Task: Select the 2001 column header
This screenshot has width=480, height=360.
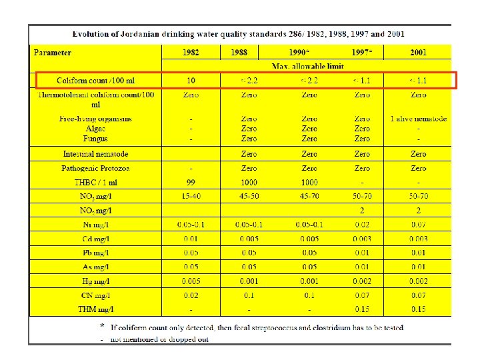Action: (x=419, y=53)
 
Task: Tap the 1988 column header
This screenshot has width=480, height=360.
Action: (x=249, y=53)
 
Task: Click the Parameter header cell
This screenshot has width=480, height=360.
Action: (x=53, y=53)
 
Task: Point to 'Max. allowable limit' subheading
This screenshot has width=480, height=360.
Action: (x=309, y=66)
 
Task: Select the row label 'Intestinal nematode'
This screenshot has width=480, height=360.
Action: (x=96, y=154)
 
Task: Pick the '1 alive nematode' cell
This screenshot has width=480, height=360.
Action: (x=419, y=119)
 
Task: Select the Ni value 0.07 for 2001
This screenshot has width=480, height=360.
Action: (x=419, y=225)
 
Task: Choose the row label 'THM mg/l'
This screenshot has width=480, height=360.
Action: (x=96, y=309)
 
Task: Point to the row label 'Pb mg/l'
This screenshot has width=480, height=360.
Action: (x=96, y=253)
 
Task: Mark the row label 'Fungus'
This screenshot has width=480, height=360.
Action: (x=96, y=138)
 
